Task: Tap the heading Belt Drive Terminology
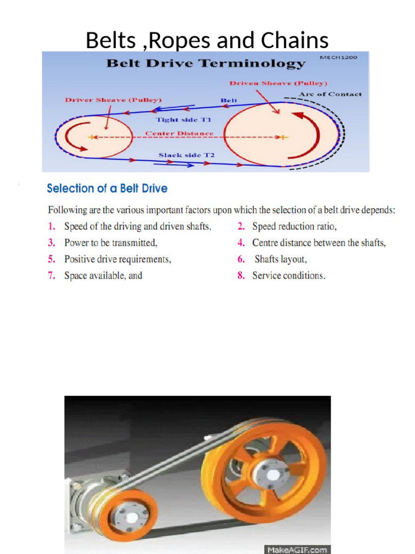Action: (x=205, y=63)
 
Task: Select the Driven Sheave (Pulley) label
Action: (x=278, y=83)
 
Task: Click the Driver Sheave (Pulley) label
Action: (x=113, y=100)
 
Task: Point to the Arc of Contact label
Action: (x=330, y=94)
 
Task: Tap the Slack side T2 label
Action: (x=186, y=155)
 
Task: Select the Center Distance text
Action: (x=179, y=134)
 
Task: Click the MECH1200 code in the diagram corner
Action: (x=343, y=57)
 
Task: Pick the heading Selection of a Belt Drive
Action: (x=107, y=189)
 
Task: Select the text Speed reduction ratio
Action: (x=294, y=227)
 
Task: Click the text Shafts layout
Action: (x=280, y=259)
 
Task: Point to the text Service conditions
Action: (x=289, y=275)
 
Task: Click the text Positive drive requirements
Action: (x=117, y=259)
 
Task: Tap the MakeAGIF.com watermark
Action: (x=297, y=549)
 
